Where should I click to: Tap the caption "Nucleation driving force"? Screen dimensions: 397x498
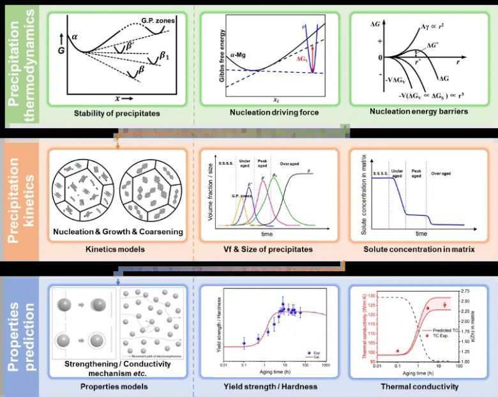[273, 114]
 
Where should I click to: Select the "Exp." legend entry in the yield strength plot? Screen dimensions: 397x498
[316, 352]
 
